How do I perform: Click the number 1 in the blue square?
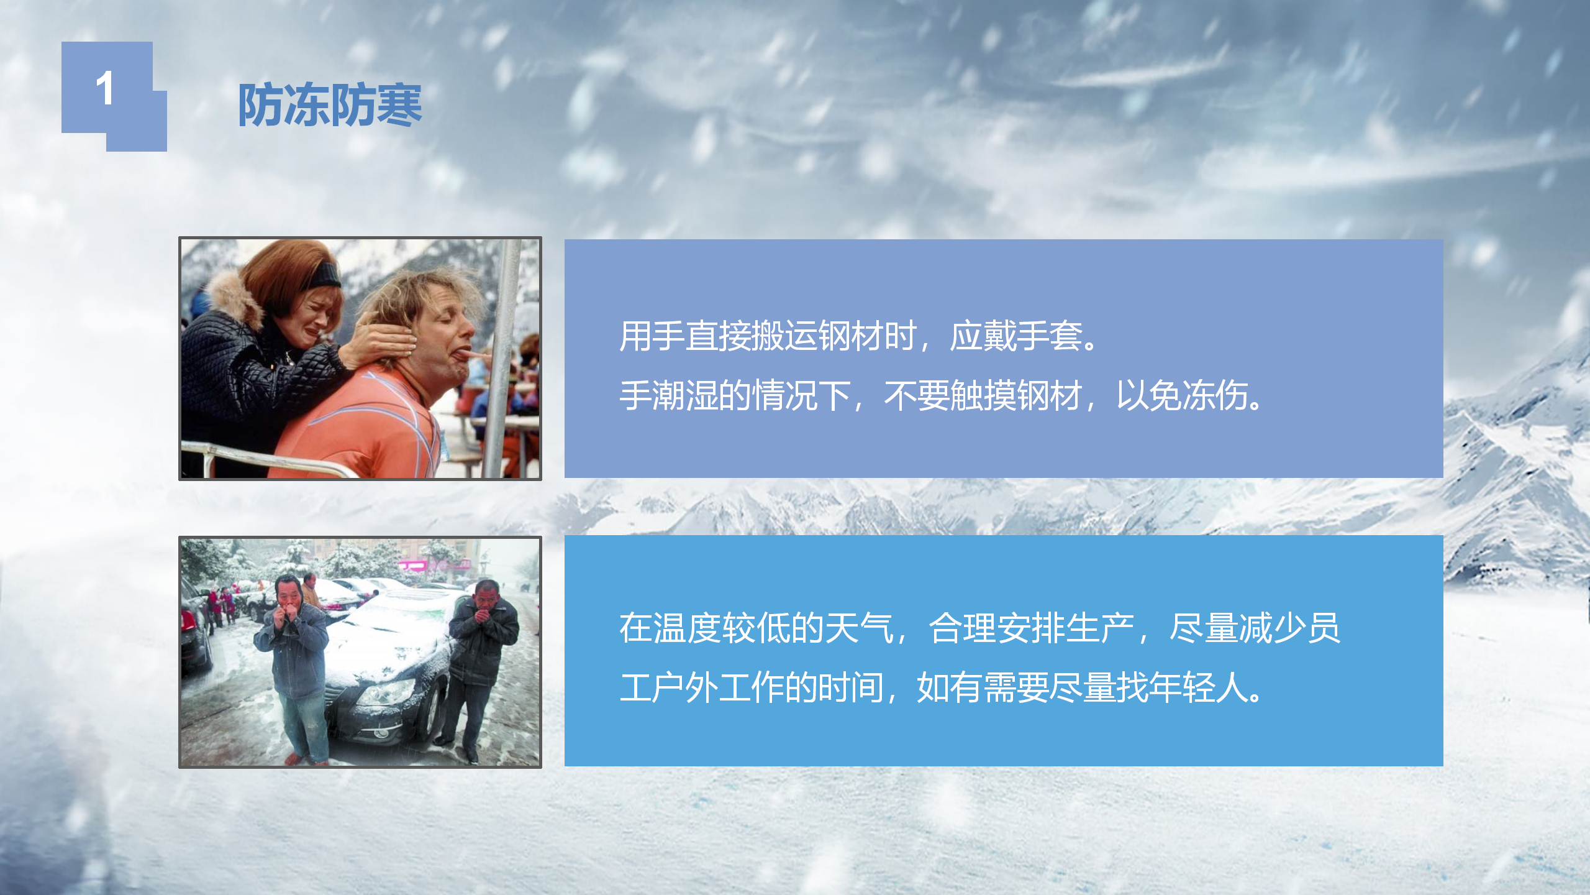pos(105,88)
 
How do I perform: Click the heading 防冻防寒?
pos(330,105)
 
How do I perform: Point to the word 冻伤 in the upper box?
pos(1215,395)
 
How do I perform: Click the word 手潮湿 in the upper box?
pos(670,395)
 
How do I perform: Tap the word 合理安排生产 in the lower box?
pos(1031,628)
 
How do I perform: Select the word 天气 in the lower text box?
pos(860,628)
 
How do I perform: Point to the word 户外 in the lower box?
pos(686,687)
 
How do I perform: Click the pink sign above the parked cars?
pos(435,565)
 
